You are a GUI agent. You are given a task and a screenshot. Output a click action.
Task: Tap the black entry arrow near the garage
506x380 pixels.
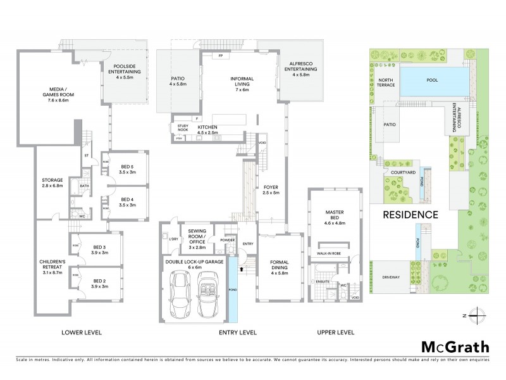241,269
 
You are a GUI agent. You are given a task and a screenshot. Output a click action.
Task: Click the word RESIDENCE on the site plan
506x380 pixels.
410,214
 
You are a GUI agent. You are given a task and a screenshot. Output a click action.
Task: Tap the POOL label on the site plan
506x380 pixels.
432,80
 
